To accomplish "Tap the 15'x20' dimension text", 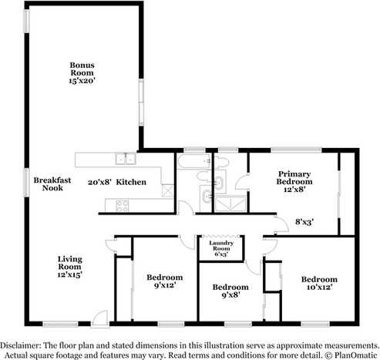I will coord(82,79).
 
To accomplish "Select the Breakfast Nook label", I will coord(52,183).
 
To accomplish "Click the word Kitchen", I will coord(131,182).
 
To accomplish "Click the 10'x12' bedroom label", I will coord(319,284).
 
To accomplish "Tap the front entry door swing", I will coord(97,317).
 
